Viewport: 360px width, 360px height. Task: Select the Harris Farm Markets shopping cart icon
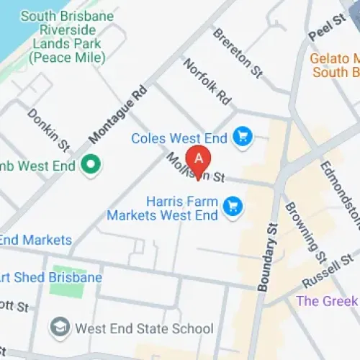233,207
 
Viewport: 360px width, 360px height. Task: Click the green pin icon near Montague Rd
91,166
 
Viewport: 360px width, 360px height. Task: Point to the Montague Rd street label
117,112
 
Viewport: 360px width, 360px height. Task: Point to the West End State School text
144,329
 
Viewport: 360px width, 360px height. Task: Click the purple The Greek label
327,300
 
